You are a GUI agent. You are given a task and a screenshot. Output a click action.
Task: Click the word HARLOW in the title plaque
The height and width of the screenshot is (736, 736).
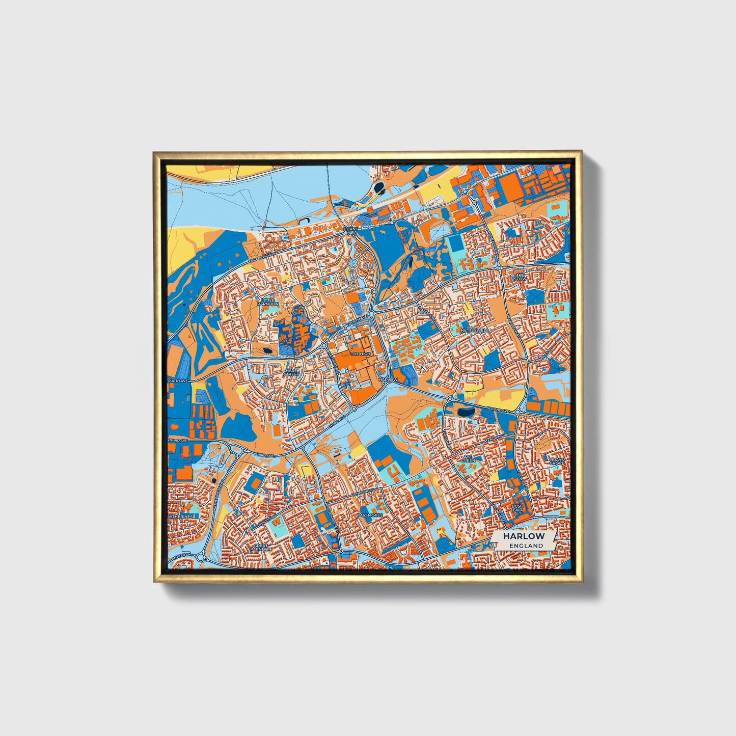coord(524,536)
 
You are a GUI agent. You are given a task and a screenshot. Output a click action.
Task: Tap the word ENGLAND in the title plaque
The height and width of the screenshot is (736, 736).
coord(524,546)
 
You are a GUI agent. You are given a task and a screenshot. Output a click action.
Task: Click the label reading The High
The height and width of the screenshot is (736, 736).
coord(361,353)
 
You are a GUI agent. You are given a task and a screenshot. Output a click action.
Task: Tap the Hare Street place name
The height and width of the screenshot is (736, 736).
coord(292,373)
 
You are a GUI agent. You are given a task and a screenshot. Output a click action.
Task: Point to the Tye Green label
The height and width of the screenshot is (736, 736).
coord(468,458)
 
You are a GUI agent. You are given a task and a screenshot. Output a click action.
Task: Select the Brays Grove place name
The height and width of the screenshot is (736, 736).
coord(557,462)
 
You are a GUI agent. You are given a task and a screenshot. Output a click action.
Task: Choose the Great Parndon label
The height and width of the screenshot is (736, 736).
coord(261,548)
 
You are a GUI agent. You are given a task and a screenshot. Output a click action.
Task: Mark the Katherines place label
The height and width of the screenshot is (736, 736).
coord(181,516)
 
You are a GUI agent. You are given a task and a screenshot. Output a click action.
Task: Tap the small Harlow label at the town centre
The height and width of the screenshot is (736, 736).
coord(389,379)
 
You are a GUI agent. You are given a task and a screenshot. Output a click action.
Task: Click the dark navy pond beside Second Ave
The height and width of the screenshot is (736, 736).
coord(465,412)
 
